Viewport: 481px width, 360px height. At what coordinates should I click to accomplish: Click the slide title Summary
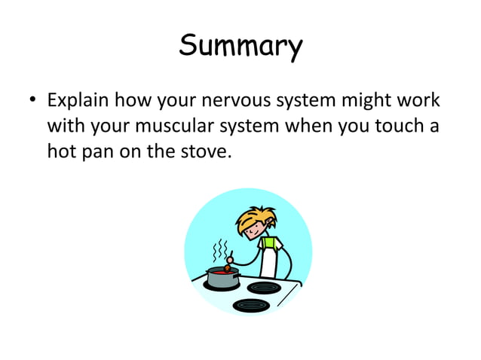pyautogui.click(x=240, y=47)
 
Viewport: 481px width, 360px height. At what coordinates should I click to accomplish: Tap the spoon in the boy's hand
pyautogui.click(x=229, y=263)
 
